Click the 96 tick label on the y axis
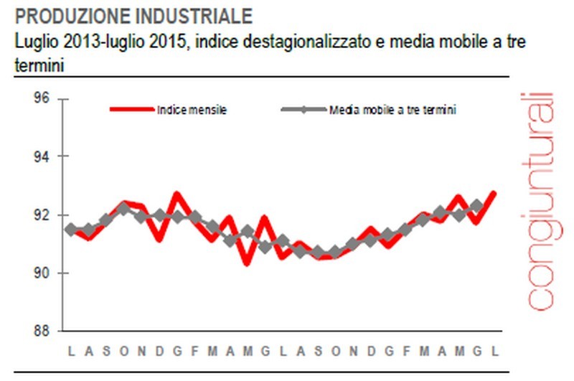[41, 98]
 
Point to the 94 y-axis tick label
[41, 156]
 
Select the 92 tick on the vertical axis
[41, 215]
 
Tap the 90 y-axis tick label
[41, 273]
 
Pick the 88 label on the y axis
[41, 331]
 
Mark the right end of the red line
[494, 193]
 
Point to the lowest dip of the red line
[247, 263]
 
